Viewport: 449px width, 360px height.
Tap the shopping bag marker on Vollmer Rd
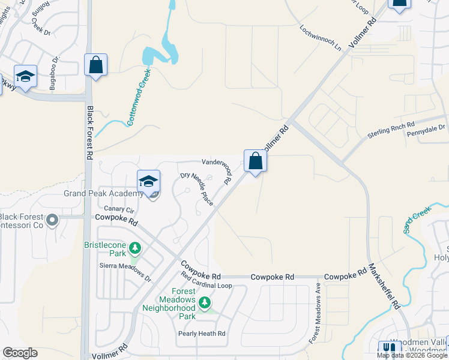(255, 161)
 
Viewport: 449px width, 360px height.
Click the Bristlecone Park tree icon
(136, 247)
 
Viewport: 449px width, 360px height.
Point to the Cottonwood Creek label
(139, 97)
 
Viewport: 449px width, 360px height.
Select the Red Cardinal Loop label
(206, 286)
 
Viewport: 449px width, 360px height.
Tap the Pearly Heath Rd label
(202, 333)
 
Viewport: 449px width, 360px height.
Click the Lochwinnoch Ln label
(320, 38)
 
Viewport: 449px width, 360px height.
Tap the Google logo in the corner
(20, 353)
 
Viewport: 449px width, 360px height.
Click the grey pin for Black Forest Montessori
(52, 220)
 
